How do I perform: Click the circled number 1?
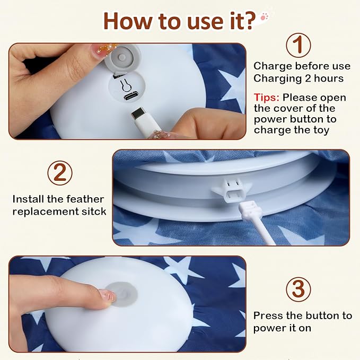pos(298,45)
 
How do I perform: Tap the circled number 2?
pos(60,173)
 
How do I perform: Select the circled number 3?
pos(298,289)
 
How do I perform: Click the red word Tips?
pos(266,98)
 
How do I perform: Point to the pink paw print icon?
pos(264,17)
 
